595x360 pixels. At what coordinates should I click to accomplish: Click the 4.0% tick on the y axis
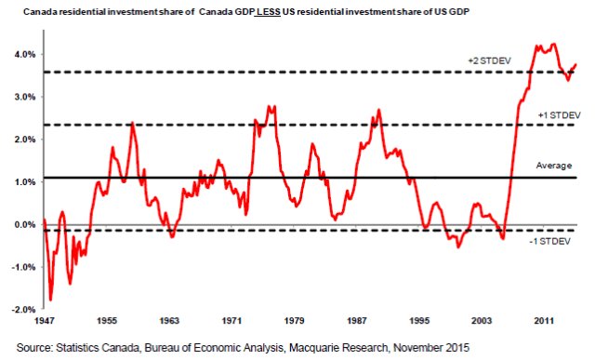coord(22,54)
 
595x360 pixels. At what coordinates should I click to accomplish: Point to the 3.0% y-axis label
coord(22,97)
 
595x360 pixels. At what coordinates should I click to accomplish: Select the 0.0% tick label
coord(22,225)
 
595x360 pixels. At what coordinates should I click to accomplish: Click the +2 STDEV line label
coord(489,60)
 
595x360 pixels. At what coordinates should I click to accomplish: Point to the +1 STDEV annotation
coord(556,114)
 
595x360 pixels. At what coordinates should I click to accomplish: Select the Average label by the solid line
coord(554,166)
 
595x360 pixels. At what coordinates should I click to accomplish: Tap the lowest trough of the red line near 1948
coord(50,300)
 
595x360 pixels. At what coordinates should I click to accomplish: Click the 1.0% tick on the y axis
coord(22,182)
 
